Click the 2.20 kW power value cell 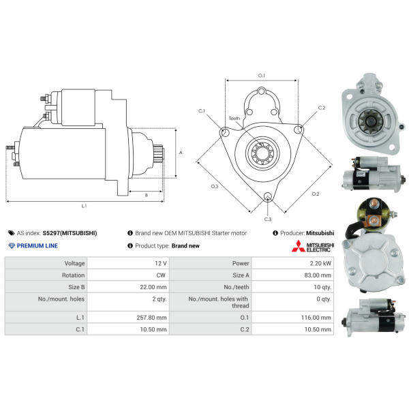point(320,263)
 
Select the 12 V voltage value point(161,263)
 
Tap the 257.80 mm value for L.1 point(151,318)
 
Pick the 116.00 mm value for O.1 point(316,318)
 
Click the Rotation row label point(74,275)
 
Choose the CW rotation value point(161,275)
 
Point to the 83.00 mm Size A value point(318,275)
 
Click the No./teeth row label point(237,287)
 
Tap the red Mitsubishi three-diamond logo point(298,246)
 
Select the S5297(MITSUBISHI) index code point(70,233)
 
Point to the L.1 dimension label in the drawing point(84,206)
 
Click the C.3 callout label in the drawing point(268,219)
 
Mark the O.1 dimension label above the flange point(261,76)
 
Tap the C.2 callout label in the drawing point(322,108)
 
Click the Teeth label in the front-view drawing point(234,119)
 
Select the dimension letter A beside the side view point(181,152)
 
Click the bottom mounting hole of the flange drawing point(268,197)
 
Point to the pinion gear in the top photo point(370,121)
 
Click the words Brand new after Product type point(185,245)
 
